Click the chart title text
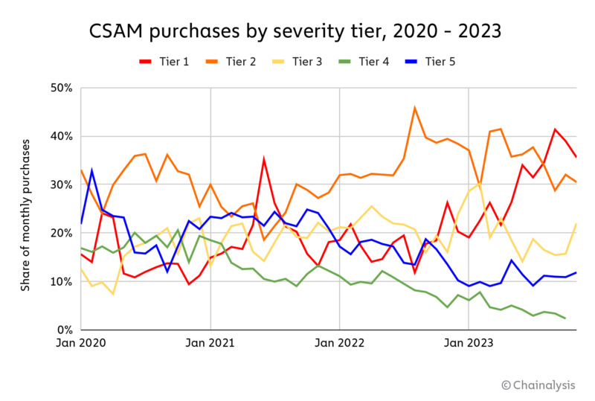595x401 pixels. (x=295, y=31)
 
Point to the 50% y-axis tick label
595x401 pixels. (x=62, y=88)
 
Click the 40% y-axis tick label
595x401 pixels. (x=62, y=136)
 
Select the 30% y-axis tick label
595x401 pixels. (x=62, y=185)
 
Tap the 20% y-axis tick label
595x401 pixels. (x=62, y=233)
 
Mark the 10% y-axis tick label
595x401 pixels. (x=62, y=281)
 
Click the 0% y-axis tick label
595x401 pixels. (x=65, y=330)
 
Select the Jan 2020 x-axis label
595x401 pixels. (x=81, y=344)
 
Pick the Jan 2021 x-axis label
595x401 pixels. (x=210, y=344)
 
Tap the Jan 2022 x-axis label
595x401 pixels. (x=340, y=344)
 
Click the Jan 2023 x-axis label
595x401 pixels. (x=469, y=344)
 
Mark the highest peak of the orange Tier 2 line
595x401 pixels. (x=415, y=108)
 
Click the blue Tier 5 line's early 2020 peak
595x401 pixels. (x=91, y=170)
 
